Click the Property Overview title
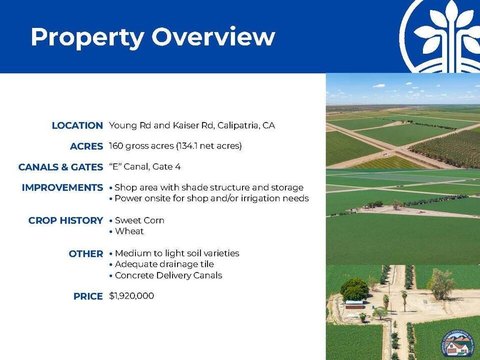(153, 37)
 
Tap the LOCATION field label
(77, 126)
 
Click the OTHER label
(86, 254)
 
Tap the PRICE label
(88, 296)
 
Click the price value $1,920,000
(132, 296)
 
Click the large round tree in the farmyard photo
(355, 290)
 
